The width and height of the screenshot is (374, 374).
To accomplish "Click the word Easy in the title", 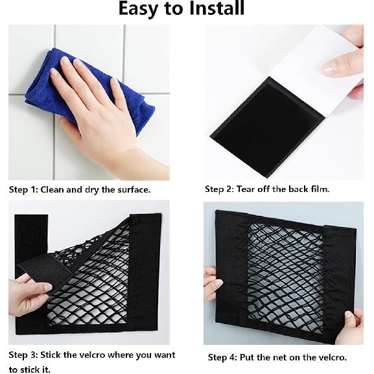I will point(144,9).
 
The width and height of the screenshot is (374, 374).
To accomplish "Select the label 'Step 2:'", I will point(220,189).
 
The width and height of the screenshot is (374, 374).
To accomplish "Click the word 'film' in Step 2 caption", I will point(318,189).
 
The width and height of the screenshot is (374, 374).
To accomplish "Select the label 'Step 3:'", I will point(23,355).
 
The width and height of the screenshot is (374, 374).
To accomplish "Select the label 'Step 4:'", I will point(222,357).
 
